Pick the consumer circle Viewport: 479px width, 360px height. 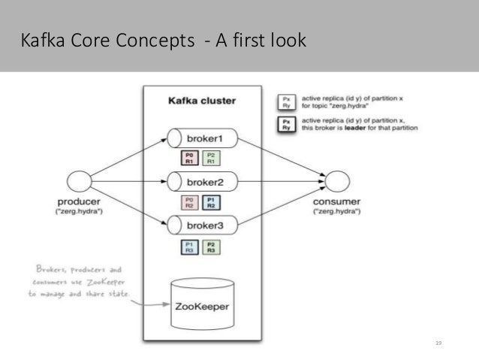[337, 181]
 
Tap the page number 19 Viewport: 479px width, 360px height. [439, 343]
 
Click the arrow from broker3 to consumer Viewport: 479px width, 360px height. [282, 204]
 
